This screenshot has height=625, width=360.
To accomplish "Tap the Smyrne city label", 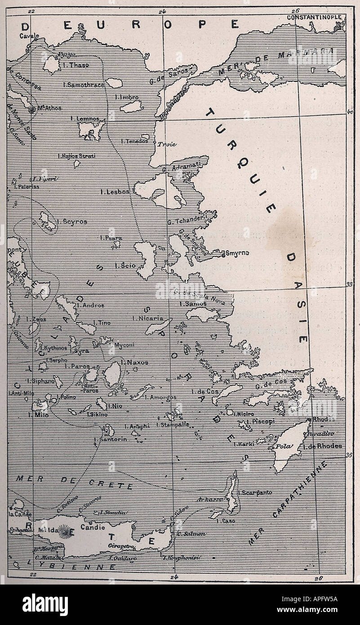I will [237, 253].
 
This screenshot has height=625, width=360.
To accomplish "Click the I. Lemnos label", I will [85, 119].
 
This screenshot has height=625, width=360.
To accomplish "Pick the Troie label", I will [166, 144].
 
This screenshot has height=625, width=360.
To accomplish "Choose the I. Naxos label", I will [134, 362].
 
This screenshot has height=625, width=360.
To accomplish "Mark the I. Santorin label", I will [111, 438].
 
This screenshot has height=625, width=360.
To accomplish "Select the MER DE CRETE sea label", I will [74, 482].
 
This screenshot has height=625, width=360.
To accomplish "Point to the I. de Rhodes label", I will [323, 446].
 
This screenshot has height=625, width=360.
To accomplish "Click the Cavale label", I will [29, 36].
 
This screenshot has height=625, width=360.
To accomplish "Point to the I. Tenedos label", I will [134, 141].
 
